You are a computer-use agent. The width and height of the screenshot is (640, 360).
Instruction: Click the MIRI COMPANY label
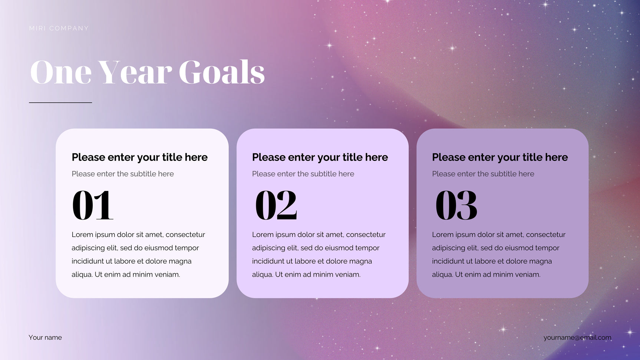coord(59,29)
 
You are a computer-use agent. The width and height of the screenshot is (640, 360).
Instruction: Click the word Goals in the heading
coord(222,72)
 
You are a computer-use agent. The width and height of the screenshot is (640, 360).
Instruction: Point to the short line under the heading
coord(60,102)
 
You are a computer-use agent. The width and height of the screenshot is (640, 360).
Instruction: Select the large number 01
coord(92,205)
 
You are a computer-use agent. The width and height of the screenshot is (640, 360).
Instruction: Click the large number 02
coord(276,205)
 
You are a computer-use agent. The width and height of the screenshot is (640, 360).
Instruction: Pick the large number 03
coord(456,205)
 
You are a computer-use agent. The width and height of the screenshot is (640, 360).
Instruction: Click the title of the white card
coord(139,157)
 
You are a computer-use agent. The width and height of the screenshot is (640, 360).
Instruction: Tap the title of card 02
coord(320,157)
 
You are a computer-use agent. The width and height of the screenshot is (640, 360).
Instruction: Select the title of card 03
coord(500,157)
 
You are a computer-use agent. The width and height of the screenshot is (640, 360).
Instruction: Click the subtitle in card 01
coord(123,174)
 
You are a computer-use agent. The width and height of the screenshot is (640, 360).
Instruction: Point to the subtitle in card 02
coord(303,174)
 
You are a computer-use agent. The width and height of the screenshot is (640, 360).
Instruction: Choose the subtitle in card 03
coord(483,174)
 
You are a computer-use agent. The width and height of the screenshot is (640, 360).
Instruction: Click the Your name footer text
coord(45,337)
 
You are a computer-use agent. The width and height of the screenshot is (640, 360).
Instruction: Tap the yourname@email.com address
coord(577,337)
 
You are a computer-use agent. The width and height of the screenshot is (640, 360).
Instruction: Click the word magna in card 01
coord(180,261)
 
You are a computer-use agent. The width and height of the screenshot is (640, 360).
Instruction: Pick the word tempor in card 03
coord(547,248)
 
